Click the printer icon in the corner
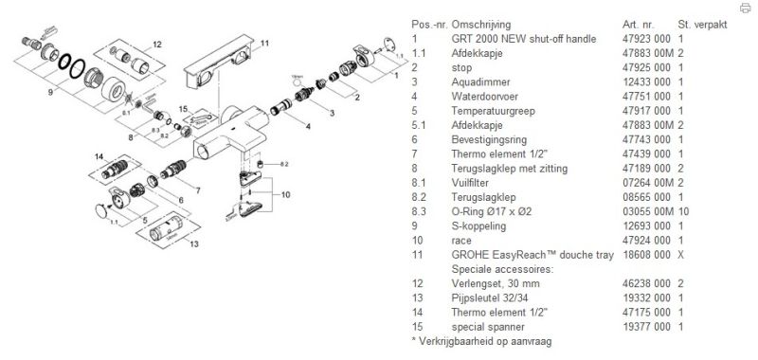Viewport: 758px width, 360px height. point(745,8)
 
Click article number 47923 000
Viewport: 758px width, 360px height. point(647,39)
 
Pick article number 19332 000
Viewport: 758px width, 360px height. point(647,298)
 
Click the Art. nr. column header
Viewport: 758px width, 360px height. point(638,25)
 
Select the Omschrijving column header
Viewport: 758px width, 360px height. point(480,25)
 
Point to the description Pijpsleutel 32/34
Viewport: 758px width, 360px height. point(489,298)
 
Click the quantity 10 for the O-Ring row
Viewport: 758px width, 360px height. point(683,211)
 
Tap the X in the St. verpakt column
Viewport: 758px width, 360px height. point(681,255)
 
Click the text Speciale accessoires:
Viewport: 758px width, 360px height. point(502,269)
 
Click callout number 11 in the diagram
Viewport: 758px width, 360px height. point(264,43)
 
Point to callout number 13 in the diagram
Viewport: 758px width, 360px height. point(194,244)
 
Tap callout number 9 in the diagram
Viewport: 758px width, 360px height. point(50,91)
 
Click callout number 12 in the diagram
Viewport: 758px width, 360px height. point(157,45)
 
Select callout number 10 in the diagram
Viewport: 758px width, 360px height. point(286,195)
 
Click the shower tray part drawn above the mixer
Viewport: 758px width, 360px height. point(218,62)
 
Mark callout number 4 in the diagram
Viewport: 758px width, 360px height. point(307,127)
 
